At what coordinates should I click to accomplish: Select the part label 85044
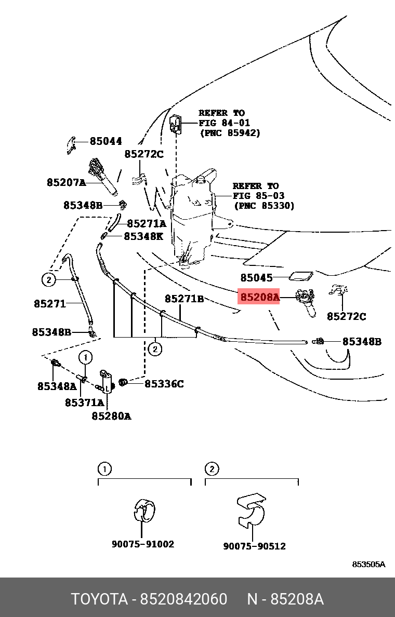pos(106,141)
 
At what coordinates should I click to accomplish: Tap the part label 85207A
pos(66,183)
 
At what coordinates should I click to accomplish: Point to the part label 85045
pos(256,277)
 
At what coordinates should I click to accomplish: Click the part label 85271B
pos(185,299)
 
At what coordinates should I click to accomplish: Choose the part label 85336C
pos(164,383)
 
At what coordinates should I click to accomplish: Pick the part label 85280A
pos(111,415)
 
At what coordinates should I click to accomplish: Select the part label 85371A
pos(85,403)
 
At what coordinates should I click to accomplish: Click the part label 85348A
pos(57,386)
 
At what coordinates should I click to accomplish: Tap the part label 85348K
pos(143,236)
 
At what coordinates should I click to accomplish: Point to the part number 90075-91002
pos(143,544)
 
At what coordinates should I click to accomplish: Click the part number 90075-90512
pos(254,546)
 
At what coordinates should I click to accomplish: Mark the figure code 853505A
pos(368,564)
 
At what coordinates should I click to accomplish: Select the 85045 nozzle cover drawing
pos(301,277)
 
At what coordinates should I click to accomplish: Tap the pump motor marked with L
pos(107,382)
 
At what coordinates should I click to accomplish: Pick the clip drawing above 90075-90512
pos(251,511)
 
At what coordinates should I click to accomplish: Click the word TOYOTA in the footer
pos(99,599)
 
